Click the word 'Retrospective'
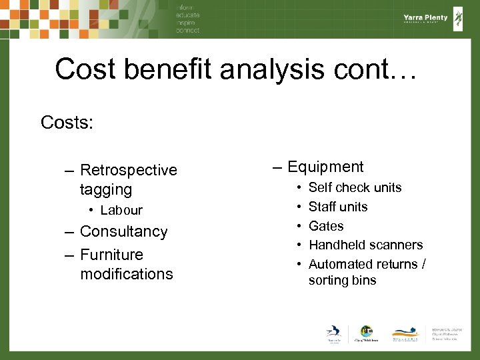128,171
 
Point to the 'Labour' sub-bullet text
121,211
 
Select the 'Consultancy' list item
123,232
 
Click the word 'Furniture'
111,255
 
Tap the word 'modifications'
126,274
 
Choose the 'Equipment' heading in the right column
325,167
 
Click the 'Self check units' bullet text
355,188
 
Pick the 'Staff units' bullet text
338,207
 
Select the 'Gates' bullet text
326,226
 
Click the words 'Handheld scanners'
365,245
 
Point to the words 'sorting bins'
342,281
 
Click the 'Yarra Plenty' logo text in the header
425,18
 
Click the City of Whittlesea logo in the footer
366,334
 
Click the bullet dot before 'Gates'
299,226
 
